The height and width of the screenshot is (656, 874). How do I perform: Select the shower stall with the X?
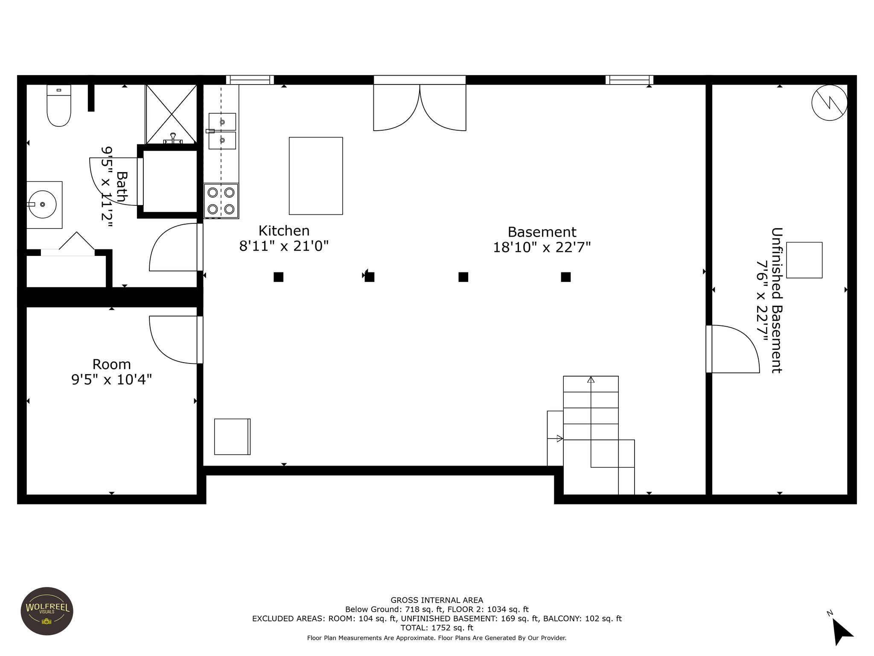(x=171, y=114)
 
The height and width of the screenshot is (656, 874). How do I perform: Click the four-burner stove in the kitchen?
(x=221, y=201)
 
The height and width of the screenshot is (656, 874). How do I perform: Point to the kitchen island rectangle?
(x=316, y=176)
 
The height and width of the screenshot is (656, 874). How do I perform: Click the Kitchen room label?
(x=284, y=231)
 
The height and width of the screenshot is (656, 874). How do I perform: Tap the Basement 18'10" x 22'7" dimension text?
(x=542, y=247)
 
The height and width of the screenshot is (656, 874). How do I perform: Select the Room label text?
(x=112, y=364)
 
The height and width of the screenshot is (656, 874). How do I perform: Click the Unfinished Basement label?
(x=777, y=300)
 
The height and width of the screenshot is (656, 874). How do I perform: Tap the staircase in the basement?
(x=591, y=435)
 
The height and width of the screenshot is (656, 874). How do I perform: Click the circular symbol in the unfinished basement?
(x=829, y=102)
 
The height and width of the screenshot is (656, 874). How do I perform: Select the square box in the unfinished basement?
(x=804, y=260)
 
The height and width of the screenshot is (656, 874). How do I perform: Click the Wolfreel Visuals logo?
(x=47, y=611)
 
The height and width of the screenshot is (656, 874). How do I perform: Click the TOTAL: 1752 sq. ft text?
(x=437, y=627)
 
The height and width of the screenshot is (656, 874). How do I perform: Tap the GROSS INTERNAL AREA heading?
(x=437, y=600)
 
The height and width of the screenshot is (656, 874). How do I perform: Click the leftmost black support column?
(x=278, y=277)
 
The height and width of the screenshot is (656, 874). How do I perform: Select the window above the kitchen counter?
(x=250, y=80)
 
